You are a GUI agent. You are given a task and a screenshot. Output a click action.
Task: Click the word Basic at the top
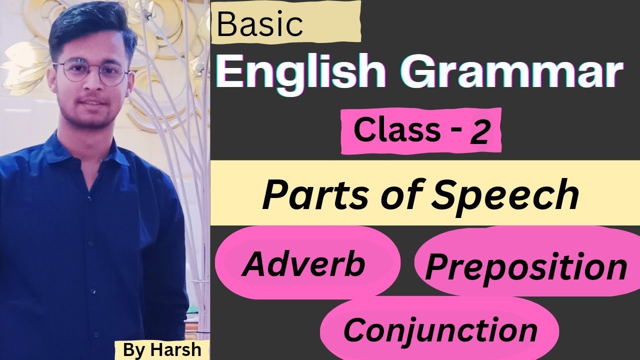(x=260, y=25)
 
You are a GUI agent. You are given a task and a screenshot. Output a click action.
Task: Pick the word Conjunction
(x=440, y=330)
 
